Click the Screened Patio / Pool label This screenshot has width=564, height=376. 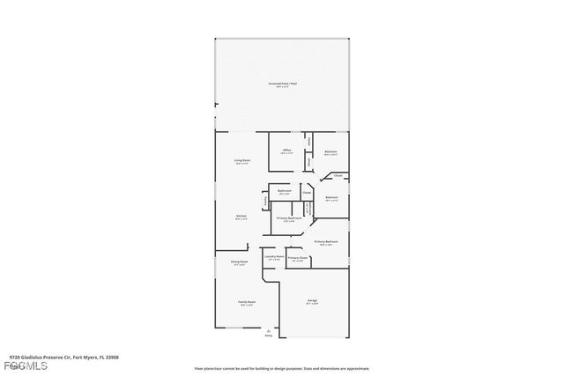282,84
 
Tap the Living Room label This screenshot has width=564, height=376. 241,161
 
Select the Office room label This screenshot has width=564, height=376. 286,151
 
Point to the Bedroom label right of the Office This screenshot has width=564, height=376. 330,151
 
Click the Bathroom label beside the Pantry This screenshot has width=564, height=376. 285,191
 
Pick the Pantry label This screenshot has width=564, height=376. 265,203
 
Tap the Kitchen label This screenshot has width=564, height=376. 241,217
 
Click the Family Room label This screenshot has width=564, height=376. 246,302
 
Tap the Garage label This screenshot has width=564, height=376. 313,302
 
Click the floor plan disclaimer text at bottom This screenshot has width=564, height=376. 282,369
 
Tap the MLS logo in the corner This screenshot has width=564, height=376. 16,365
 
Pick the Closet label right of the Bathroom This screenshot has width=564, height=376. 307,192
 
